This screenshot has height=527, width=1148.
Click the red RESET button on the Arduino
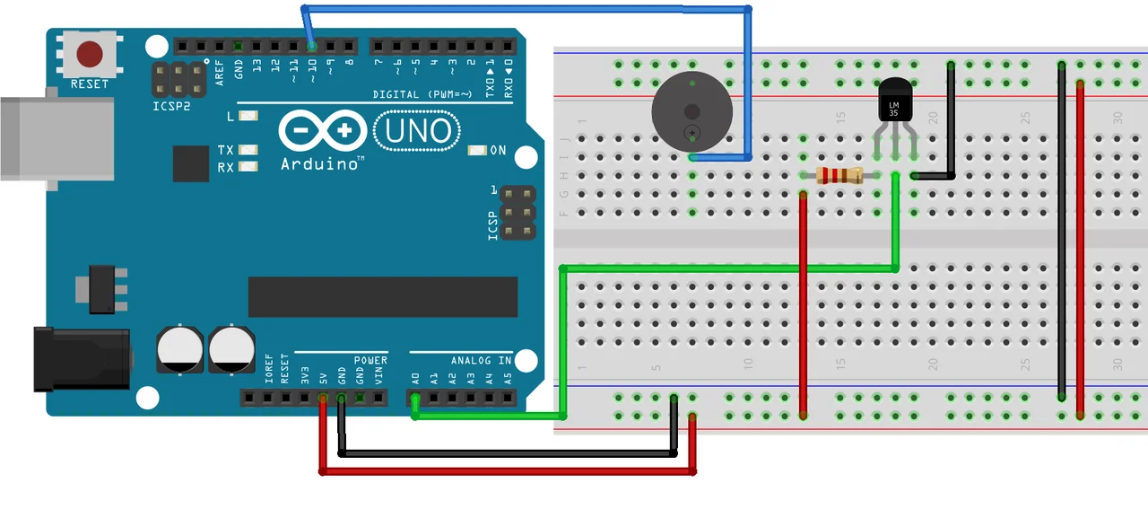point(90,54)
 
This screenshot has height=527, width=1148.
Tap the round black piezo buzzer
point(691,112)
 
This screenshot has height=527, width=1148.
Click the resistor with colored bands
point(839,176)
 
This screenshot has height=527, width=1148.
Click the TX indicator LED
point(248,150)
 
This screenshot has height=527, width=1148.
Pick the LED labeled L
point(248,117)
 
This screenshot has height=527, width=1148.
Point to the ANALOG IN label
point(481,361)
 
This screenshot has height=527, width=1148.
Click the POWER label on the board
point(370,361)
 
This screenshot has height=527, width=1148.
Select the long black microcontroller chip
point(383,297)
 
